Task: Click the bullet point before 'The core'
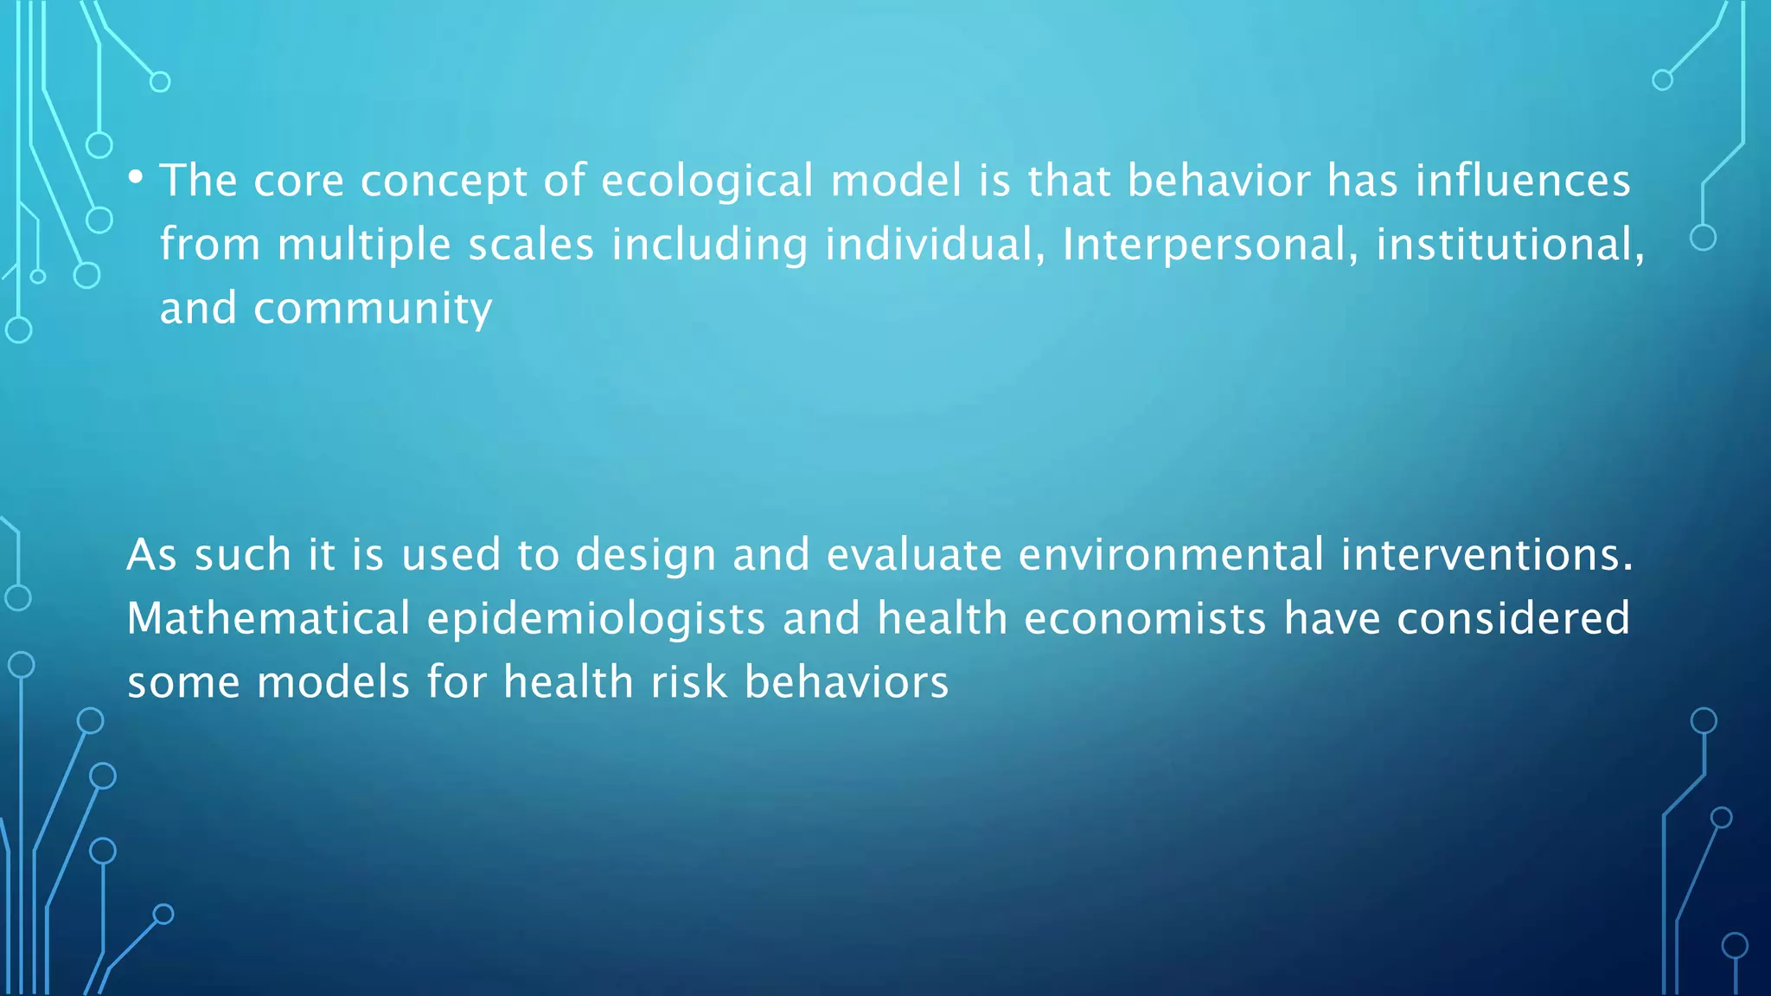[136, 178]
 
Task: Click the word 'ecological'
[707, 182]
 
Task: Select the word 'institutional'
[1509, 245]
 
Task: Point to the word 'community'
[373, 310]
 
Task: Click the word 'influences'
[1523, 182]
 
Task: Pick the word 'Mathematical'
[268, 619]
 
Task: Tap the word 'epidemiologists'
[596, 619]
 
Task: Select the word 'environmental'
[1171, 555]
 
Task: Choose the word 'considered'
[1513, 619]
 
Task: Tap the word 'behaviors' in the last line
[847, 683]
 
